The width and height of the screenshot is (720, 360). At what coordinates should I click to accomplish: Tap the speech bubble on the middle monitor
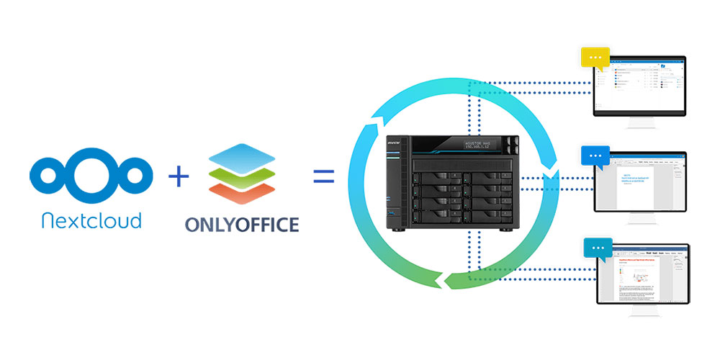[x=595, y=156]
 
